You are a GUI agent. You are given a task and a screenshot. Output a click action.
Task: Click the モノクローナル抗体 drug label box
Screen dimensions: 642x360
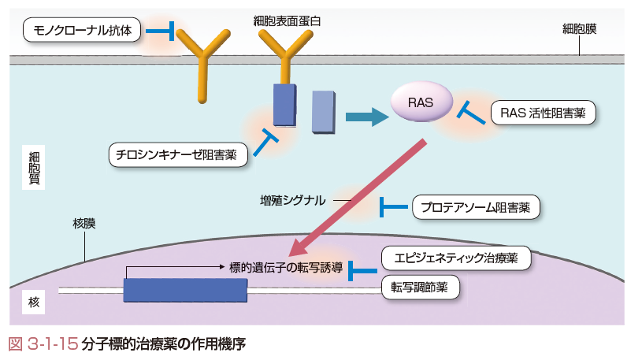click(82, 30)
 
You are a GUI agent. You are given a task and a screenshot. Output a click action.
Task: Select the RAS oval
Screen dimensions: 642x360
click(421, 102)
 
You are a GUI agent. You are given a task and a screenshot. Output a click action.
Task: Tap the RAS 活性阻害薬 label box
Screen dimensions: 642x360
click(543, 113)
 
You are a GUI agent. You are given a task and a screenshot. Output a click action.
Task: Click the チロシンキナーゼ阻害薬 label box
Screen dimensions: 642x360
click(178, 154)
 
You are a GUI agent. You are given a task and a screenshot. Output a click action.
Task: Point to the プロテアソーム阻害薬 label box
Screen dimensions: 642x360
click(476, 207)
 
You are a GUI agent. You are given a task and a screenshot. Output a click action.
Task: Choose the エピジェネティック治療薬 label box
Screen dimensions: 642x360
click(456, 258)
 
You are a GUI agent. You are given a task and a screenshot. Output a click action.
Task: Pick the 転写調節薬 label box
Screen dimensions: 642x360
click(420, 287)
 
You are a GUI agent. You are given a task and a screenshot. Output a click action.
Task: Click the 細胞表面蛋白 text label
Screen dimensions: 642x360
click(287, 21)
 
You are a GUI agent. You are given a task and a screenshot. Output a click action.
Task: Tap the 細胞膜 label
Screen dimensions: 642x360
click(579, 29)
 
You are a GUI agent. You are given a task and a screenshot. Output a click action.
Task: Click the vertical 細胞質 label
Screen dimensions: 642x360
click(34, 168)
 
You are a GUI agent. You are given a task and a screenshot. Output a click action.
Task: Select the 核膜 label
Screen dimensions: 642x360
click(84, 223)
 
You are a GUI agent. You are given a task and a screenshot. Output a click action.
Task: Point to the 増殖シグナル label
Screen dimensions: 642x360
click(293, 200)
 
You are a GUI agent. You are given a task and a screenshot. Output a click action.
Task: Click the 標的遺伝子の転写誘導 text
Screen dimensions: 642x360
click(286, 268)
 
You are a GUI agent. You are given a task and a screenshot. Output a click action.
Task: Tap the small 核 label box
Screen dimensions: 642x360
click(34, 302)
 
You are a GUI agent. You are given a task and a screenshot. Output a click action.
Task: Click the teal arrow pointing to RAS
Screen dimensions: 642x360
click(367, 117)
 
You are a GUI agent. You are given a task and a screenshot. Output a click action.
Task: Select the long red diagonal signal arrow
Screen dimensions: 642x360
click(358, 198)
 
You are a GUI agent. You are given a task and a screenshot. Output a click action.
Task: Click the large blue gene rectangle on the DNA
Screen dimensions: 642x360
click(185, 291)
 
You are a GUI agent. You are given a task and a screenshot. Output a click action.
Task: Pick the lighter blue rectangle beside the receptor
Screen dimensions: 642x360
click(324, 112)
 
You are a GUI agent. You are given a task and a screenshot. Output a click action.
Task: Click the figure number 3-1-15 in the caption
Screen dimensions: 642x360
click(53, 344)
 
